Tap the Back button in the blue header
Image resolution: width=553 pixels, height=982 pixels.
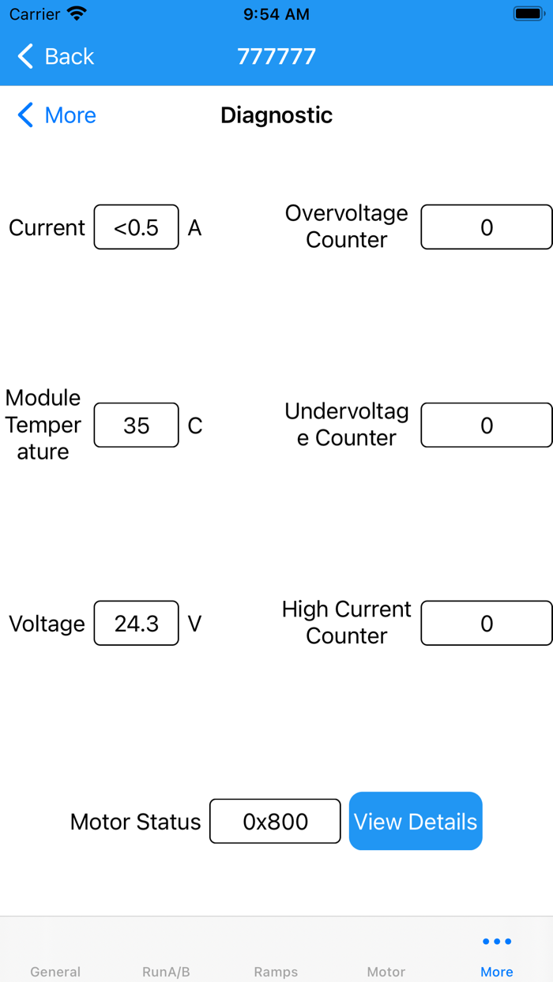56,57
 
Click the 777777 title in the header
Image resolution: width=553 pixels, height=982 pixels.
276,57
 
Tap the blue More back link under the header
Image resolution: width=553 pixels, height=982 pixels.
57,115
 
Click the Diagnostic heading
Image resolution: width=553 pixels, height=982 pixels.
276,115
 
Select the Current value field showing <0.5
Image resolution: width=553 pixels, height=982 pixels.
137,227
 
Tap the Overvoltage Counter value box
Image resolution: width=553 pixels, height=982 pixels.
487,227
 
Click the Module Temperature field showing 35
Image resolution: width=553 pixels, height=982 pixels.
137,425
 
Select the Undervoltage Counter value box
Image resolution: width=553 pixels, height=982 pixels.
487,425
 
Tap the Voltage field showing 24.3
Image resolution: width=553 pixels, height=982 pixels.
137,623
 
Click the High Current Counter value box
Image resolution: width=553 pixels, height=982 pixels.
487,623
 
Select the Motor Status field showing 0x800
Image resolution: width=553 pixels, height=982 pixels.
275,821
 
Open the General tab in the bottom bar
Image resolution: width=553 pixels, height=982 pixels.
55,972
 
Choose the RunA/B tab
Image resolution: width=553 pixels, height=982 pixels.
166,972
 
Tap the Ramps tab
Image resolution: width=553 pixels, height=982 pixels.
276,972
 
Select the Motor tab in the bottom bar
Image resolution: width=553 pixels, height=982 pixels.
386,972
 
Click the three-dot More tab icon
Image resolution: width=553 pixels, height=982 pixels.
497,941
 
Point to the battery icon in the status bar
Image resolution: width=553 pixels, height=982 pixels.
529,14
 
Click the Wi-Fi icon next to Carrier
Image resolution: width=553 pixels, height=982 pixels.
77,13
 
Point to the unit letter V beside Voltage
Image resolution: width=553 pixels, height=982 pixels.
195,624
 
